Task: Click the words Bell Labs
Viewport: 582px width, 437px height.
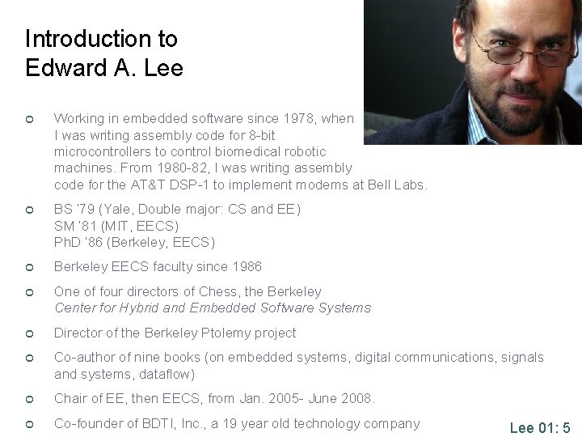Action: (x=397, y=185)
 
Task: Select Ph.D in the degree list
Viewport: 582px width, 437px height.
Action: (x=68, y=242)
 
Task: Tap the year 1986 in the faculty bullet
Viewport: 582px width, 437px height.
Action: (x=246, y=267)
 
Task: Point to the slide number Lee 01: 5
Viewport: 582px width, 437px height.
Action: (x=540, y=427)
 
